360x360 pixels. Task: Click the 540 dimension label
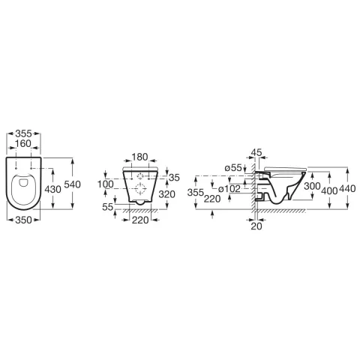tap(72, 184)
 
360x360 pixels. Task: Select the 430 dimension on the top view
tap(52, 189)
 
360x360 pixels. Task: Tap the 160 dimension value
tap(23, 144)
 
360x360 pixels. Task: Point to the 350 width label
tap(23, 220)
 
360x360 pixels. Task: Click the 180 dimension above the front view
tap(139, 157)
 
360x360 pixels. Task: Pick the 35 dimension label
tap(174, 178)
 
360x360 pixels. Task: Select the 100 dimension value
tap(106, 184)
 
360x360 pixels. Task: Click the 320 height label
tap(167, 194)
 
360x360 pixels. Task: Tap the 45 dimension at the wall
tap(256, 152)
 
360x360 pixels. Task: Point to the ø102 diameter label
tap(229, 189)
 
